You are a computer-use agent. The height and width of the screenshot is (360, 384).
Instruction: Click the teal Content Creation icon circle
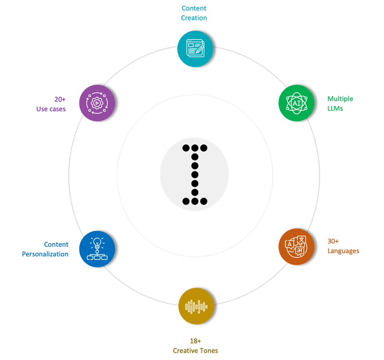[195, 49]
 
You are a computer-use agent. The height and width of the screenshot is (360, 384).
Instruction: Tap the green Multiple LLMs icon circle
[296, 103]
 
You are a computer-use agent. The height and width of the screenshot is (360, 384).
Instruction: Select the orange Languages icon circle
[296, 246]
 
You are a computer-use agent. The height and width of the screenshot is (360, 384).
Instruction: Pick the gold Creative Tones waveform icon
[196, 306]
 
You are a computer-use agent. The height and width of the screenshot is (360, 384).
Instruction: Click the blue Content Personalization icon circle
[97, 249]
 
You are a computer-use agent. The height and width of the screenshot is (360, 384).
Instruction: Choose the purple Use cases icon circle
[97, 103]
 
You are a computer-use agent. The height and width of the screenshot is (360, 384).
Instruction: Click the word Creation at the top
[194, 18]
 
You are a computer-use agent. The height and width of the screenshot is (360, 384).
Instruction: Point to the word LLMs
[335, 108]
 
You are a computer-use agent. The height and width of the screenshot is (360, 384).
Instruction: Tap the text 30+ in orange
[333, 241]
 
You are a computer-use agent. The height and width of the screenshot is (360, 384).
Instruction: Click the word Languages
[343, 251]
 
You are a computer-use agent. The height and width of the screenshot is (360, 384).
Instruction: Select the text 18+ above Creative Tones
[195, 341]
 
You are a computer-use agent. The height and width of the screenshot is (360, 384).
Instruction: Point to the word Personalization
[45, 254]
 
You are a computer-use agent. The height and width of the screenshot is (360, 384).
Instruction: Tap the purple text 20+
[60, 99]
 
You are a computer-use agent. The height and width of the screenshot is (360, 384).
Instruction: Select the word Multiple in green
[340, 99]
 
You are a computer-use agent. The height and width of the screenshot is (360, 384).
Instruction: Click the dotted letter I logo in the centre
[195, 175]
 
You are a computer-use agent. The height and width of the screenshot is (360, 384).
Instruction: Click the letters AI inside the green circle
[296, 103]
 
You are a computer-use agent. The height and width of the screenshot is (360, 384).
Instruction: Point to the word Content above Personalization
[56, 245]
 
